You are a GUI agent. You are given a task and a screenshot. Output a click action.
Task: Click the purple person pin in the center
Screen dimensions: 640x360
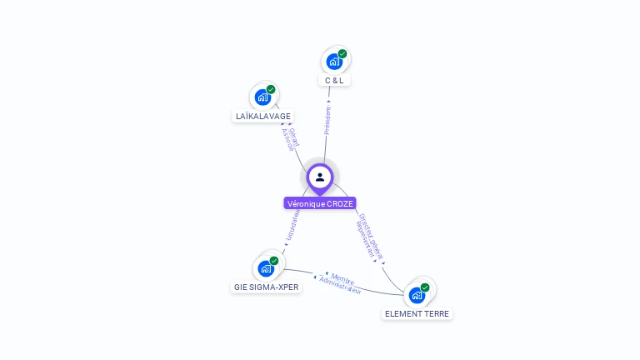point(320,177)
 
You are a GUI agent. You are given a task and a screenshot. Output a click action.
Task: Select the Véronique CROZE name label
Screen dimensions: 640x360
point(320,203)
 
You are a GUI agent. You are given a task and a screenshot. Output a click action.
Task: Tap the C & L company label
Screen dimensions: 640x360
point(333,81)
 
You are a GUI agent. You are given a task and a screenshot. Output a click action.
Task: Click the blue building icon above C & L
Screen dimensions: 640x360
point(333,62)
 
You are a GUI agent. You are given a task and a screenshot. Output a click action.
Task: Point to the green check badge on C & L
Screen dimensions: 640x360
point(342,54)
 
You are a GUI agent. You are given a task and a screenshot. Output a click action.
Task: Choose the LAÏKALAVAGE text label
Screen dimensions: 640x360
point(262,117)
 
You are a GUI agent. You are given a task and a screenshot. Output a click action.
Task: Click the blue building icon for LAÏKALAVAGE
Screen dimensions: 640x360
point(262,97)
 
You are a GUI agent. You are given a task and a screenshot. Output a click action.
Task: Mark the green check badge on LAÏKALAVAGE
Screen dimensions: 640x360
point(271,89)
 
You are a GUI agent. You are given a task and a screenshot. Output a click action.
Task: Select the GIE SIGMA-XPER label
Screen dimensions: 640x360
point(266,287)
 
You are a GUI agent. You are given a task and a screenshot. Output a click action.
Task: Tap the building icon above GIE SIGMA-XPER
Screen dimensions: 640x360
point(266,268)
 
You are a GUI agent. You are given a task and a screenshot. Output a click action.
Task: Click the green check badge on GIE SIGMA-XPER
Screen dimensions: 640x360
point(274,261)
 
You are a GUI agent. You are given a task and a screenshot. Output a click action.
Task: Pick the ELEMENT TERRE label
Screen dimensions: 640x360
point(417,314)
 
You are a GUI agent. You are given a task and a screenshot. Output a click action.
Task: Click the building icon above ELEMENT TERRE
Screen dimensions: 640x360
point(417,295)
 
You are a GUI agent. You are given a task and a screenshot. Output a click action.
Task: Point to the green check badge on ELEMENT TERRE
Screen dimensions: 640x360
point(425,287)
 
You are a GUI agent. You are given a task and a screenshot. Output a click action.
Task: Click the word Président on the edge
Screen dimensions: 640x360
point(327,120)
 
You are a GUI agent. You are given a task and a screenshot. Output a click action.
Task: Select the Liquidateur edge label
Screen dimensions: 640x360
point(292,227)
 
